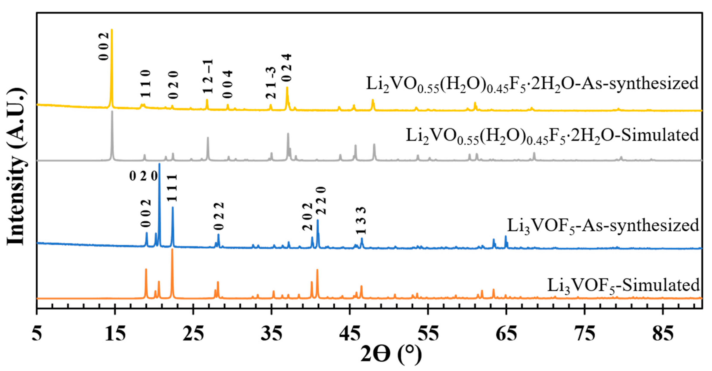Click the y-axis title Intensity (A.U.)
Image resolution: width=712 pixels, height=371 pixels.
(17, 167)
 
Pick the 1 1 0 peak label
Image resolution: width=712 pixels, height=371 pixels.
(145, 84)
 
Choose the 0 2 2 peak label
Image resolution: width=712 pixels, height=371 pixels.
(219, 216)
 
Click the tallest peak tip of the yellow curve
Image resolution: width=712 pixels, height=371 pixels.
(112, 30)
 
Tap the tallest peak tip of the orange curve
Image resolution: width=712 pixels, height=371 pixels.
(172, 249)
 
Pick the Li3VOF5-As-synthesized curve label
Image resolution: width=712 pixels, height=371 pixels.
(603, 226)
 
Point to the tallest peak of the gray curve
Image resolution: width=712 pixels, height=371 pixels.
(112, 112)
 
